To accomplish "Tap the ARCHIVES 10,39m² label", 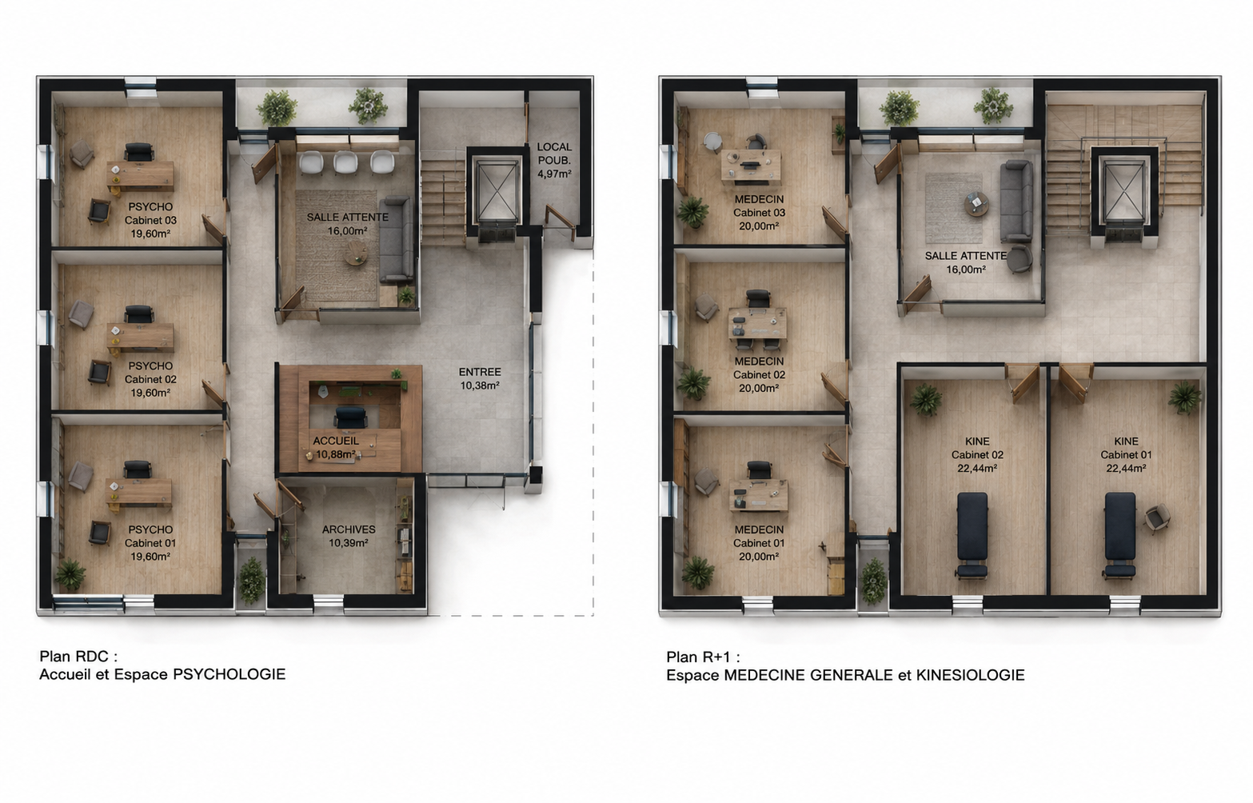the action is coord(349,536).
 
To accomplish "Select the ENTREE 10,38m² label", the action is coord(480,379).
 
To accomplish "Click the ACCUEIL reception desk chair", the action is coord(351,417).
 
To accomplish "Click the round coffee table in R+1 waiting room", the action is coord(976,204).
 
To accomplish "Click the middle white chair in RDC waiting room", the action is coord(345,162).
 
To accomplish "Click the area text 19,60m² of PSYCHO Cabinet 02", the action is coord(150,393).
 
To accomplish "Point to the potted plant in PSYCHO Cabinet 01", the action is coord(70,574).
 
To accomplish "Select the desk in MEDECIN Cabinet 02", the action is coord(757,323).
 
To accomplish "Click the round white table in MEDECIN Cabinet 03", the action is coord(712,141).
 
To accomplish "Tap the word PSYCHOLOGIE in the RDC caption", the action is coord(229,674).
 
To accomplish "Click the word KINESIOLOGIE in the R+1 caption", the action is coord(970,675).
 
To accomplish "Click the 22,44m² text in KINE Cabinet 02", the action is coord(977,469).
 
